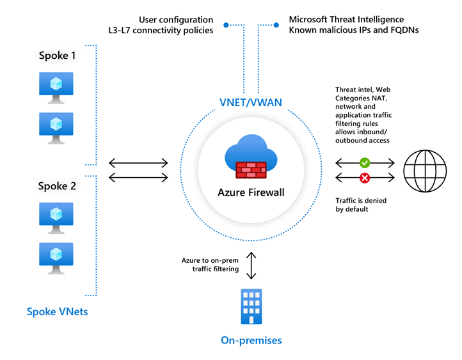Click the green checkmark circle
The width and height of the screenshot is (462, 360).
pos(365,163)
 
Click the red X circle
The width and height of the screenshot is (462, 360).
pos(365,177)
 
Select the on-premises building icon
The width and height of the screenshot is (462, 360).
pos(251,308)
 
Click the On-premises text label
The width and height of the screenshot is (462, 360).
pos(251,340)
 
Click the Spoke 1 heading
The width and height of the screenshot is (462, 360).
pos(56,56)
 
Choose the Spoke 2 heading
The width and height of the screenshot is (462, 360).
pos(56,186)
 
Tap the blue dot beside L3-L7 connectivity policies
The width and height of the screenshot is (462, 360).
pos(226,26)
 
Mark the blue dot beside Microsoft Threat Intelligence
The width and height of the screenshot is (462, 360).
pos(276,26)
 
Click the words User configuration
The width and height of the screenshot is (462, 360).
pos(176,20)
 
